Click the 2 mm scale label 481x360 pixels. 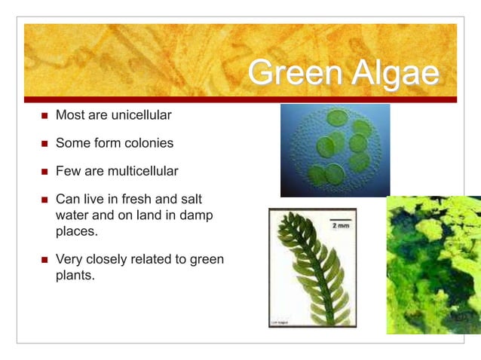click(339, 224)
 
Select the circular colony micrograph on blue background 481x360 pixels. click(335, 150)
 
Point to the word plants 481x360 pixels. click(75, 276)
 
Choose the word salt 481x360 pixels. click(190, 200)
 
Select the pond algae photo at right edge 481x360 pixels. click(434, 264)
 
